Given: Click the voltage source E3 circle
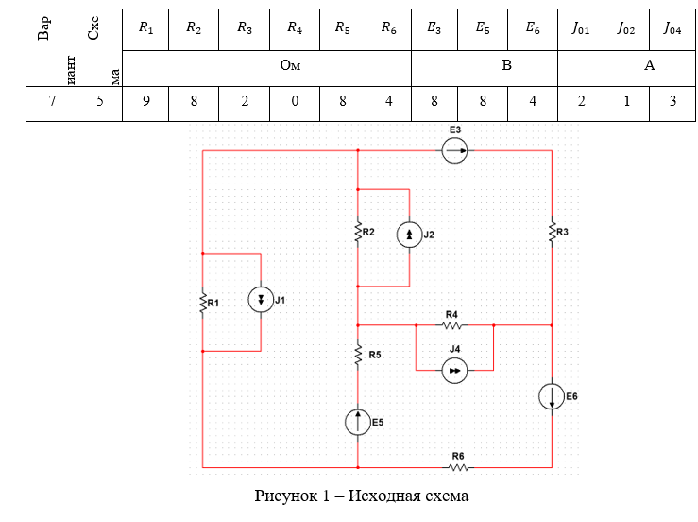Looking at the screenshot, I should tap(454, 150).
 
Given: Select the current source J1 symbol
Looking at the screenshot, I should tap(260, 301).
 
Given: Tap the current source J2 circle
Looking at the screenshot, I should tap(409, 235).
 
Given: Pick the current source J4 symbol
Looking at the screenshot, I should tap(455, 372).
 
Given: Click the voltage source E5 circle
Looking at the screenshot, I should tap(359, 422).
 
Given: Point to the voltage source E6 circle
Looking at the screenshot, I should tap(552, 396).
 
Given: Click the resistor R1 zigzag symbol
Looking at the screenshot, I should tap(202, 303).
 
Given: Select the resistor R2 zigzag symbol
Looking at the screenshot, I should tap(358, 233).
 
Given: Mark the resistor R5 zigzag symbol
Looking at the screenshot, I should tap(358, 355).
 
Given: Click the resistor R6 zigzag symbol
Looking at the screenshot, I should tap(458, 467).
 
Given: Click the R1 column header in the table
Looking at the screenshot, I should tap(145, 28).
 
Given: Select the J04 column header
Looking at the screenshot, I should tap(672, 28).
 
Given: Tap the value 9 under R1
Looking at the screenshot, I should tap(145, 102).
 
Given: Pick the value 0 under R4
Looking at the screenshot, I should tap(295, 102).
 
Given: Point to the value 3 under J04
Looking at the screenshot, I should tap(672, 102).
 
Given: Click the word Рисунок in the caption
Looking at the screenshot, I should tap(286, 496).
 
